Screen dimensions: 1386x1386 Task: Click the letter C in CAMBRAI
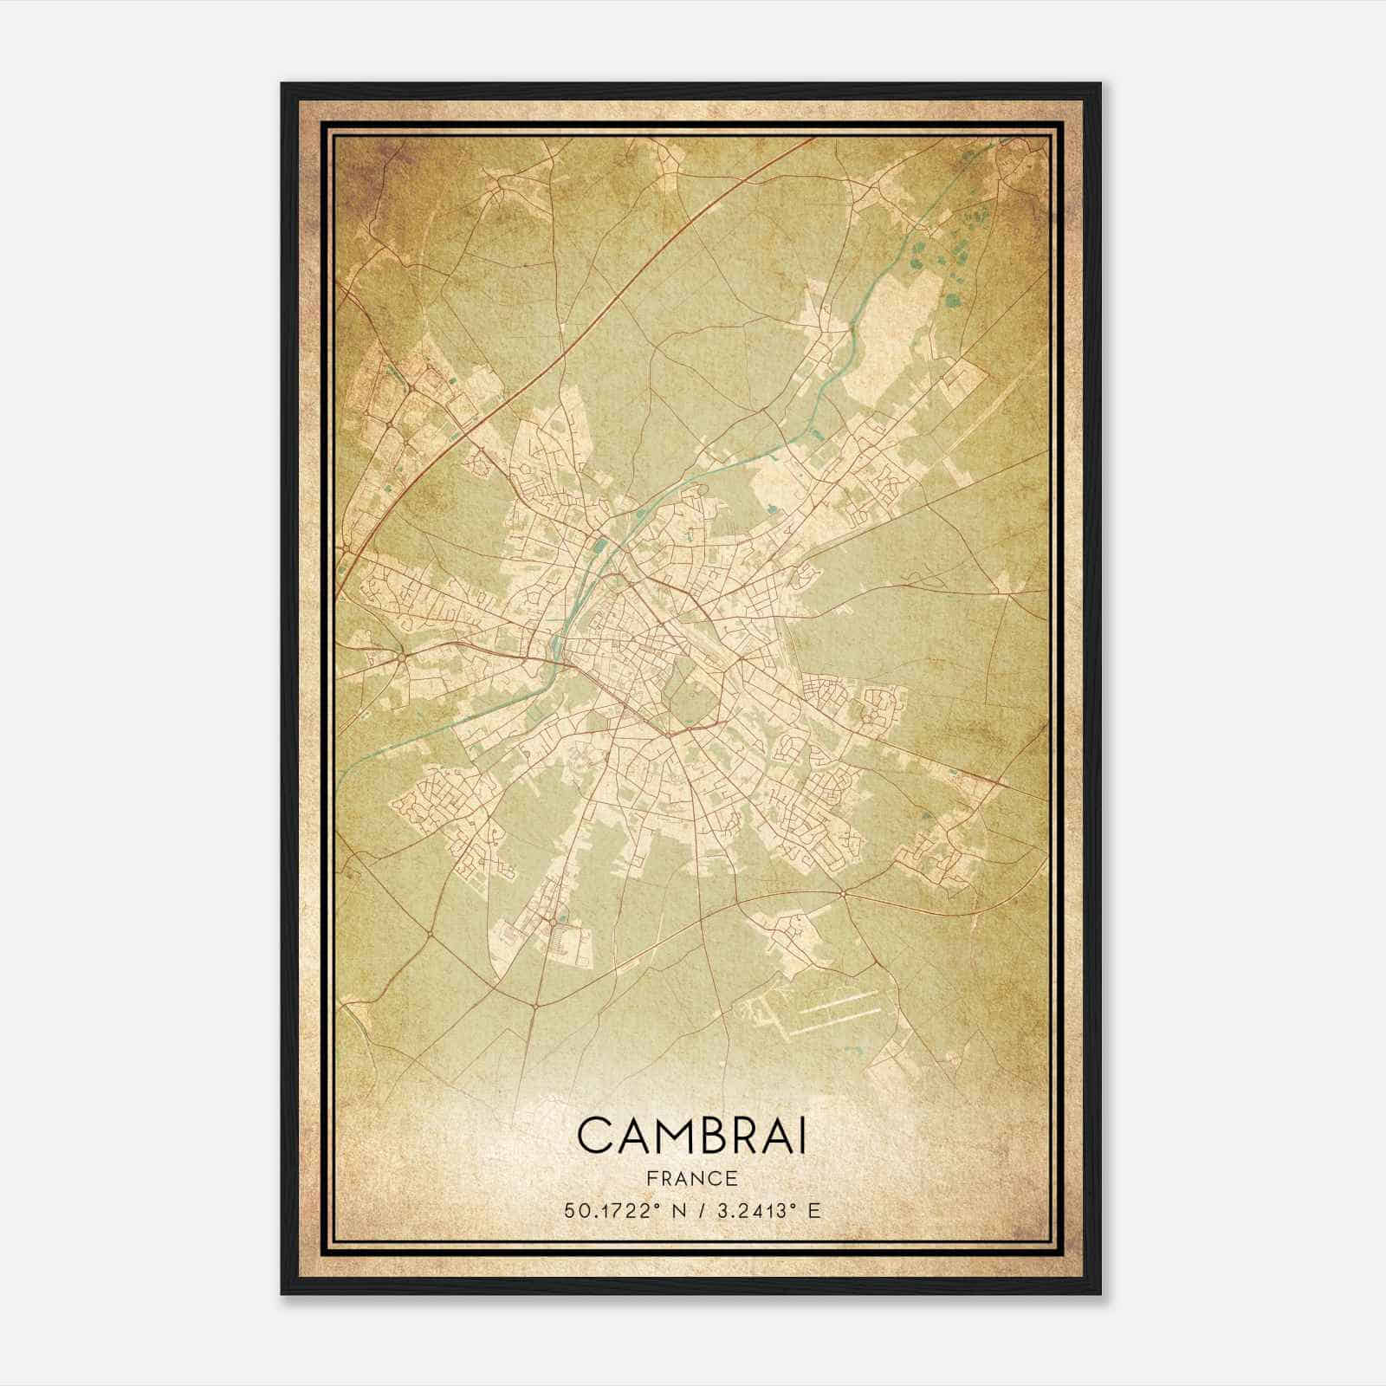595,1136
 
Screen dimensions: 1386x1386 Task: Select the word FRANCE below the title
693,1178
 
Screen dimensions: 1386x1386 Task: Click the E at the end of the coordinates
813,1211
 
